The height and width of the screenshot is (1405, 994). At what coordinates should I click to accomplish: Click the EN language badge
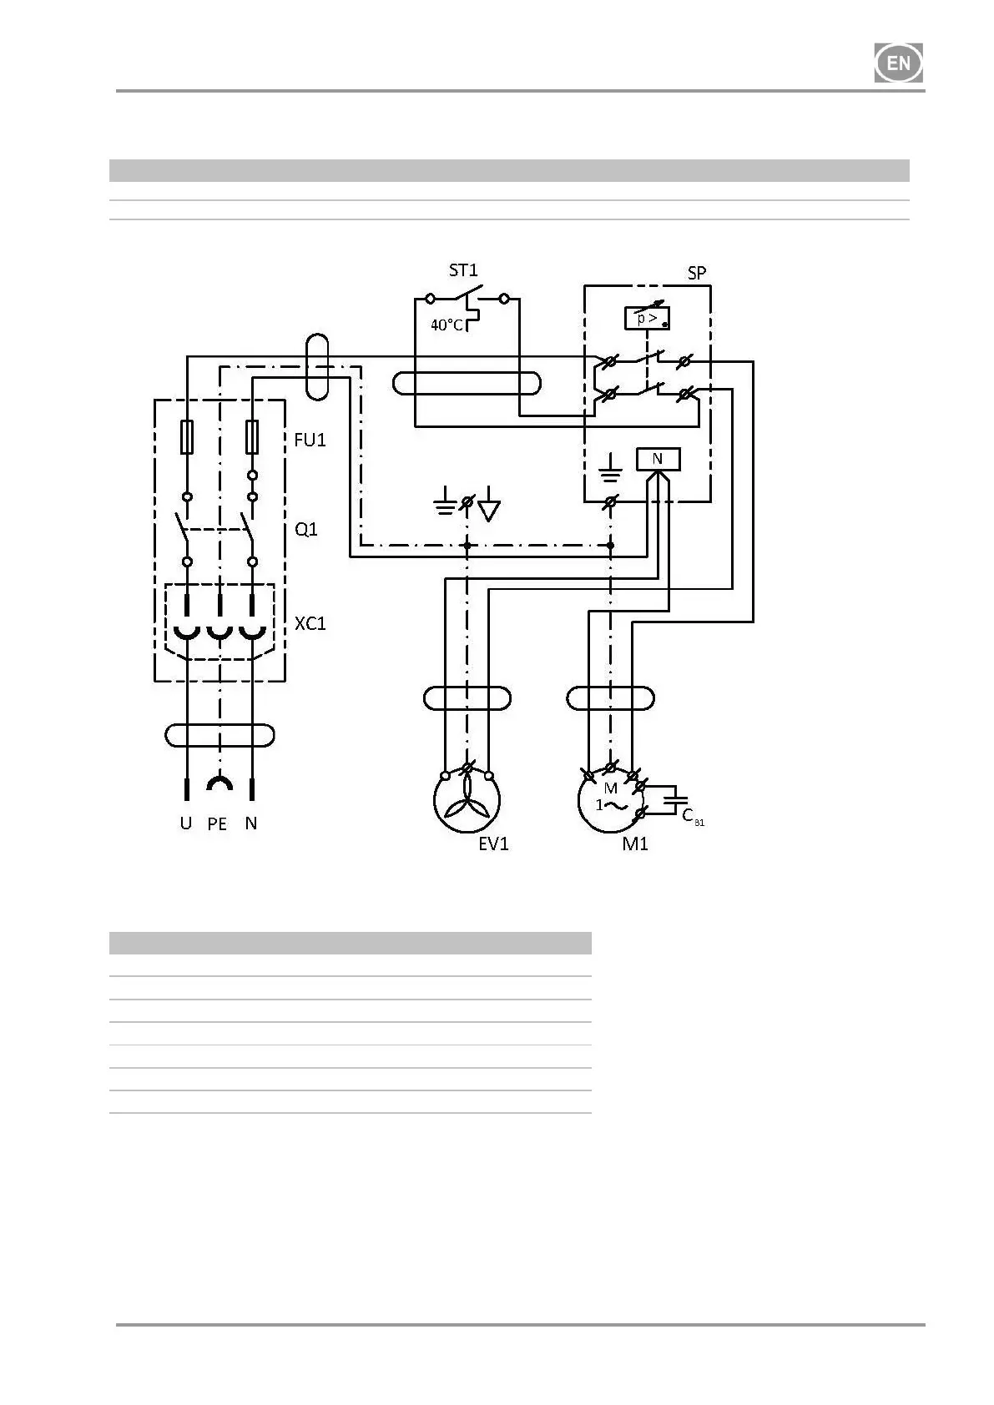pyautogui.click(x=898, y=63)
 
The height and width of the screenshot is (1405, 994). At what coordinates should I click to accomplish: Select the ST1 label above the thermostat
pyautogui.click(x=463, y=270)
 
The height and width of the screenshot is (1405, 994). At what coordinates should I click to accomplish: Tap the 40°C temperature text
pyautogui.click(x=447, y=325)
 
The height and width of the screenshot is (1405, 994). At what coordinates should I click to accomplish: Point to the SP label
pyautogui.click(x=696, y=273)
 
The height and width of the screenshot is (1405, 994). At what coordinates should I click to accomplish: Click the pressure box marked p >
pyautogui.click(x=647, y=318)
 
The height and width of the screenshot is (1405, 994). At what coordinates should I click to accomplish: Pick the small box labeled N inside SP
pyautogui.click(x=658, y=459)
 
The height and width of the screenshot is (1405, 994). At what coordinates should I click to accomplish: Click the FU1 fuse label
pyautogui.click(x=310, y=440)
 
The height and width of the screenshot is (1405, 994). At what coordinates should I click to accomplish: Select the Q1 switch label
pyautogui.click(x=306, y=530)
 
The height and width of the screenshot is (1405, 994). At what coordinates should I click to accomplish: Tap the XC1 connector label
pyautogui.click(x=310, y=623)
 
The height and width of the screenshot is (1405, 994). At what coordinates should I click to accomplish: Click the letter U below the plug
pyautogui.click(x=185, y=823)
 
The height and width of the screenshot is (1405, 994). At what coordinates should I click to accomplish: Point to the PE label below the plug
pyautogui.click(x=217, y=824)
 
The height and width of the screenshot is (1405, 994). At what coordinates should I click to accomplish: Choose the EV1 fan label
pyautogui.click(x=493, y=844)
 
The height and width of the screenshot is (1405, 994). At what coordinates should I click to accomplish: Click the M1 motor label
pyautogui.click(x=635, y=844)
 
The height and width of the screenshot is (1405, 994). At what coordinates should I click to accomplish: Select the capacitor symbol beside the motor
pyautogui.click(x=674, y=800)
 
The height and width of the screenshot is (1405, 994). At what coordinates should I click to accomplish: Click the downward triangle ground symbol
pyautogui.click(x=489, y=510)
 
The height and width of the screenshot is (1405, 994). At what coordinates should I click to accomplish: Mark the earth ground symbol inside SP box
pyautogui.click(x=611, y=469)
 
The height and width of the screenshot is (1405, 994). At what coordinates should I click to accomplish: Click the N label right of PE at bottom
pyautogui.click(x=251, y=823)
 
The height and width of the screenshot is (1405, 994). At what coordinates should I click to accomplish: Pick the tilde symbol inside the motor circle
pyautogui.click(x=616, y=806)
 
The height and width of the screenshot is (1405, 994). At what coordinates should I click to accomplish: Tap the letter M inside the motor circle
pyautogui.click(x=611, y=788)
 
